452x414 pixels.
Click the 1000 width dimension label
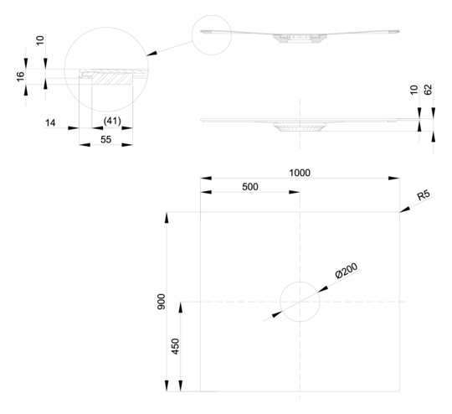[300, 173]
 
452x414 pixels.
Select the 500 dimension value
[250, 187]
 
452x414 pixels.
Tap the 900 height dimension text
[162, 302]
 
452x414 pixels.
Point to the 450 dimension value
[175, 346]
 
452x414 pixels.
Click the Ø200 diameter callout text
[347, 271]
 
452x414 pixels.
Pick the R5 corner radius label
[424, 195]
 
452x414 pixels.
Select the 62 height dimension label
[429, 90]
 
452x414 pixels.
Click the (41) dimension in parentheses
[112, 121]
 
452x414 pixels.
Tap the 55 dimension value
[105, 140]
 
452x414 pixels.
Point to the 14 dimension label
[50, 123]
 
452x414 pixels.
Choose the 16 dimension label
[20, 76]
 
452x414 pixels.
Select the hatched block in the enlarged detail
[112, 78]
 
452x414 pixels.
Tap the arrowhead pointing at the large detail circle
[152, 54]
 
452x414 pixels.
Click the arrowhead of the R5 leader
[404, 210]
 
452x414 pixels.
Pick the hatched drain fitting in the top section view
[300, 38]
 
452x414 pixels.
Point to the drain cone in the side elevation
[300, 127]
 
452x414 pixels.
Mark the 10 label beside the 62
[413, 90]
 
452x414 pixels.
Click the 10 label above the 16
[40, 40]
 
